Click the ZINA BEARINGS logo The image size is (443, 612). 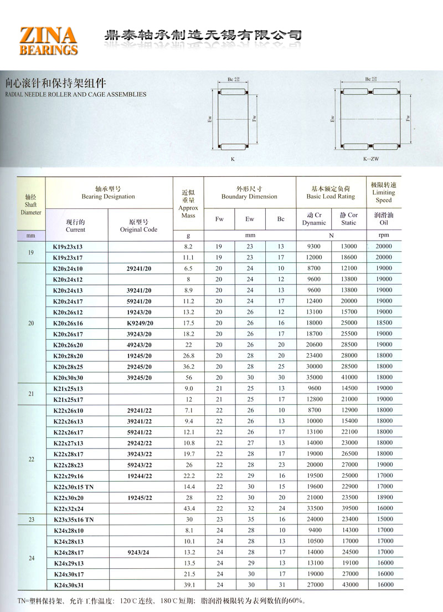click(x=48, y=40)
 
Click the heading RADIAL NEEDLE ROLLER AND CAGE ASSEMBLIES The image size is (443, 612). click(x=75, y=94)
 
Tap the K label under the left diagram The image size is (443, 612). click(x=233, y=159)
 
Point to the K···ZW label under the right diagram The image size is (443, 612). click(x=370, y=159)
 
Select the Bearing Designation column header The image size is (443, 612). click(x=108, y=192)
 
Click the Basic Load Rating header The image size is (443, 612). click(x=331, y=192)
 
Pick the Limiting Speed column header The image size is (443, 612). click(x=383, y=192)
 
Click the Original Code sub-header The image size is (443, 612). click(x=138, y=226)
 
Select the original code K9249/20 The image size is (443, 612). click(x=140, y=323)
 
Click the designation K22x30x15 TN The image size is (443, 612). click(x=73, y=486)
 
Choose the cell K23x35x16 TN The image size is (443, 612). click(x=73, y=519)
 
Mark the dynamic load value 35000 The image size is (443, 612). click(x=314, y=377)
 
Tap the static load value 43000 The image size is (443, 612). click(x=349, y=585)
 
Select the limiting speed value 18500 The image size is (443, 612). click(x=384, y=323)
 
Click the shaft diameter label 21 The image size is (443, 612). click(x=31, y=394)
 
